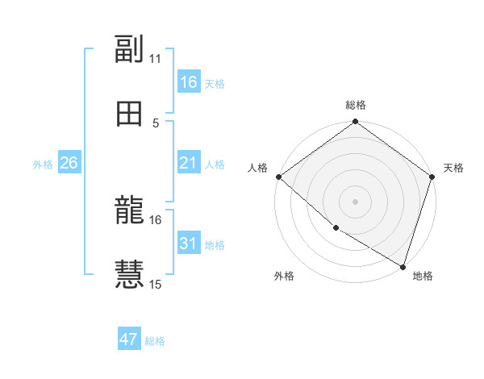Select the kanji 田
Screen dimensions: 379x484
(129, 114)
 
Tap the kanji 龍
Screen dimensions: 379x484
(129, 211)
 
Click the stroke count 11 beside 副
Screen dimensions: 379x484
(156, 58)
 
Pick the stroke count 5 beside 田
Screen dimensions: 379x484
(156, 123)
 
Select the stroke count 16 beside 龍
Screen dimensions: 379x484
(156, 219)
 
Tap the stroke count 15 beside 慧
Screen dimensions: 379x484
(156, 284)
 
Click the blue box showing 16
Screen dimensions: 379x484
(189, 82)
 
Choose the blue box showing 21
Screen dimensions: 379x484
(189, 163)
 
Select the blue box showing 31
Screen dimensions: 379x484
(189, 244)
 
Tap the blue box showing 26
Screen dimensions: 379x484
(69, 163)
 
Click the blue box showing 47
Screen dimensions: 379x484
(129, 339)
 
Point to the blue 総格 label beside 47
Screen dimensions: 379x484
(155, 341)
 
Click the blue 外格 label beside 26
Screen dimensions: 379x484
(43, 165)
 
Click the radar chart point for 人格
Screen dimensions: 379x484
(278, 177)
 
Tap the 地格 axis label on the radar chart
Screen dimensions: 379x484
(423, 276)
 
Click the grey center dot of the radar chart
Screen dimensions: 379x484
(355, 202)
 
